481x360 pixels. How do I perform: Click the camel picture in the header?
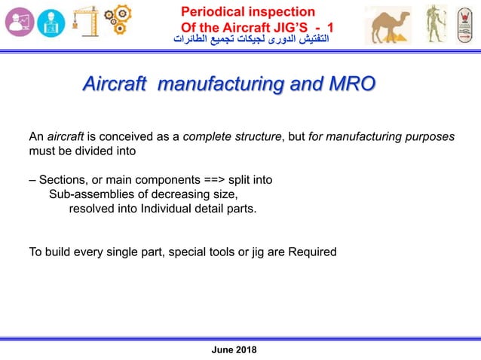coord(388,26)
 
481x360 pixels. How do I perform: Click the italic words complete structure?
coord(231,136)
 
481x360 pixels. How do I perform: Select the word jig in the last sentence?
coord(249,252)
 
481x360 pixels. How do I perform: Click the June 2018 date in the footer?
coord(235,350)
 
